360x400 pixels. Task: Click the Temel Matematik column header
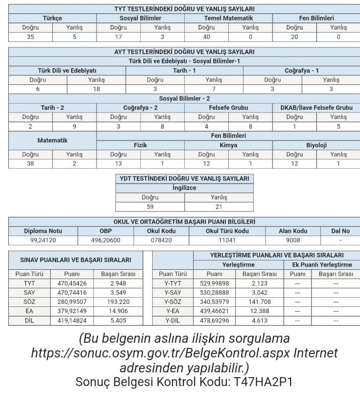[x=228, y=18]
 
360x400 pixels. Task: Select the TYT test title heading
[x=184, y=9]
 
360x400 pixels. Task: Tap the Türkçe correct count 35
[x=30, y=37]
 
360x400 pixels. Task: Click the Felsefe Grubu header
[x=228, y=108]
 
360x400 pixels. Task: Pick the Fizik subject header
[x=140, y=145]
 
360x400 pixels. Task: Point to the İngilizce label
[x=184, y=188]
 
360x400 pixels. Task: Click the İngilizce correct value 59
[x=150, y=207]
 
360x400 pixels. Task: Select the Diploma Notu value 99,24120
[x=43, y=240]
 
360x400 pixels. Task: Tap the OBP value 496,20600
[x=106, y=240]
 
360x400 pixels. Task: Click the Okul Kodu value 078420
[x=161, y=240]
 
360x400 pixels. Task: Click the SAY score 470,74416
[x=72, y=292]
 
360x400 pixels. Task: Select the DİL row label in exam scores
[x=29, y=321]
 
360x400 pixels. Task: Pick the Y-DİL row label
[x=173, y=321]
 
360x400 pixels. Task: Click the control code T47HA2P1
[x=263, y=382]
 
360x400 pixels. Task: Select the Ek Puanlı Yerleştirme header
[x=322, y=265]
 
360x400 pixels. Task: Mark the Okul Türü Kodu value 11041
[x=227, y=240]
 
